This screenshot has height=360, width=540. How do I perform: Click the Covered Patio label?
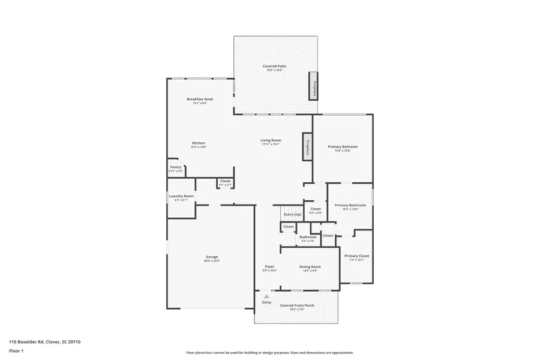(x=274, y=66)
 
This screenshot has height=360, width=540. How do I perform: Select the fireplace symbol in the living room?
(x=307, y=147)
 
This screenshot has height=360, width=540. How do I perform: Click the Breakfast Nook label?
(x=200, y=99)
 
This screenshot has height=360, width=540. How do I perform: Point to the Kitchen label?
(x=199, y=143)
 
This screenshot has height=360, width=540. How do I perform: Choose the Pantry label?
(x=175, y=167)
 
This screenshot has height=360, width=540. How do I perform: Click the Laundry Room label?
(x=181, y=196)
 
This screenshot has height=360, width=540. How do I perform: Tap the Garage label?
(x=212, y=257)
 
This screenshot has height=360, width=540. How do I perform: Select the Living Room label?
(x=271, y=140)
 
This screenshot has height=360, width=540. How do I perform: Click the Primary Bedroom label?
(x=343, y=146)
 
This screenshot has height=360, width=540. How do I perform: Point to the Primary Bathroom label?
(x=350, y=205)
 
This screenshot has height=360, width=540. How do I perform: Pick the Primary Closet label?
(x=356, y=256)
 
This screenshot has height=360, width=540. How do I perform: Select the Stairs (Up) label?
(x=292, y=214)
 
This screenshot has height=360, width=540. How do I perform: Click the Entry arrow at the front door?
(x=266, y=296)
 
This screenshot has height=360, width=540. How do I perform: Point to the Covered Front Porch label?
(x=297, y=305)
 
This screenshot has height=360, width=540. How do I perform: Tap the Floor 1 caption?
(x=16, y=350)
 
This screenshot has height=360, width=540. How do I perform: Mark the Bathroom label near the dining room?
(x=308, y=237)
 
